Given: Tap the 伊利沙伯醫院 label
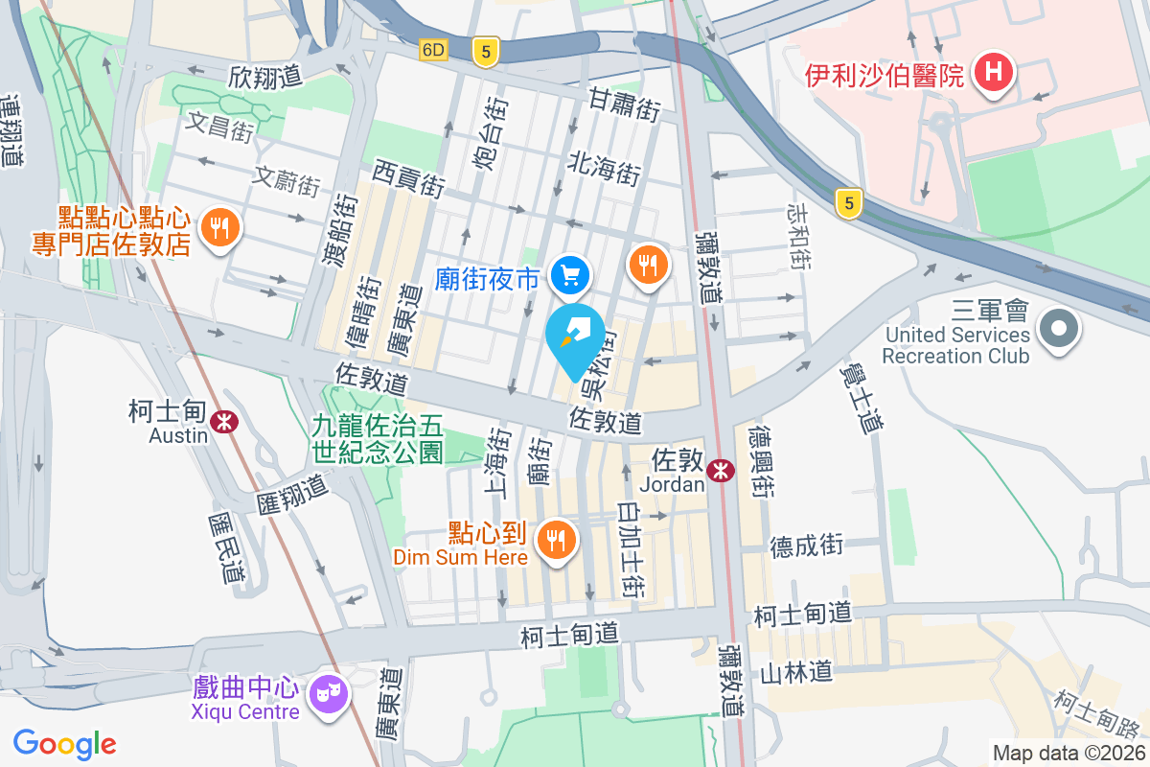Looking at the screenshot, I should [x=884, y=75].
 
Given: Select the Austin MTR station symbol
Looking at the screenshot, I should [x=226, y=420].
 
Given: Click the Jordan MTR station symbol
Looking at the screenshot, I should [x=721, y=470].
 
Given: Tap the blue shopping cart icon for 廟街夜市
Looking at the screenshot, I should [x=571, y=276].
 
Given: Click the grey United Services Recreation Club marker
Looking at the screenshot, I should [x=1059, y=330].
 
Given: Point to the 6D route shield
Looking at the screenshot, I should [x=433, y=50].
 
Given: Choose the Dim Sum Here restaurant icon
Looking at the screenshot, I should [x=556, y=539].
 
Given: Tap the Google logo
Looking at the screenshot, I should [x=65, y=743].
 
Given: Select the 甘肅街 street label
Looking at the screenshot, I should [x=624, y=104].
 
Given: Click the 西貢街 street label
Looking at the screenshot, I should [x=409, y=178].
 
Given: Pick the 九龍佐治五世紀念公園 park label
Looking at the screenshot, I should [x=378, y=437].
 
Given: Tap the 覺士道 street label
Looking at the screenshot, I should [x=861, y=395].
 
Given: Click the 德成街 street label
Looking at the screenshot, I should [x=807, y=546].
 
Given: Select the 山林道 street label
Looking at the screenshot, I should [x=795, y=672].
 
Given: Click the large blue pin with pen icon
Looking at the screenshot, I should [x=575, y=338].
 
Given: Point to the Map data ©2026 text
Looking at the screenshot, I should [x=1068, y=754].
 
